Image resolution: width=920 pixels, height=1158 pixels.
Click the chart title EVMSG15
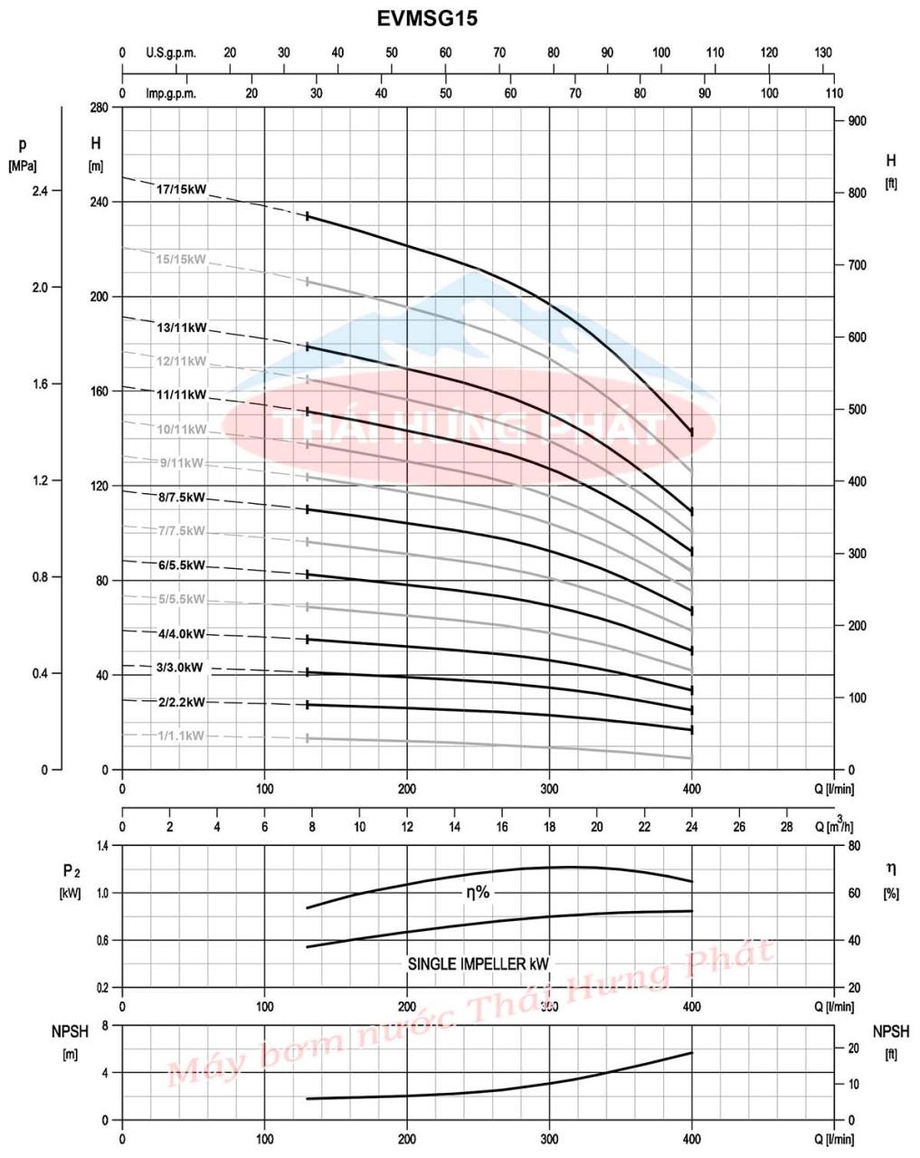tap(427, 18)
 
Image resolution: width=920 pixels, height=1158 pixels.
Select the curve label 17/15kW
tap(181, 190)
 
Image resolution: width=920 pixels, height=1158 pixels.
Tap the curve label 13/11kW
tap(181, 327)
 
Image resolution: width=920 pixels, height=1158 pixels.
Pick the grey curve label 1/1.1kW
tap(181, 736)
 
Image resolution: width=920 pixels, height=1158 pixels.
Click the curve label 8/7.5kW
tap(181, 498)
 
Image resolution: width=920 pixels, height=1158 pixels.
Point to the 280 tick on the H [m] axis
tap(99, 109)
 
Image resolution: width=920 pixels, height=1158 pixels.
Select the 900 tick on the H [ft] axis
tap(857, 121)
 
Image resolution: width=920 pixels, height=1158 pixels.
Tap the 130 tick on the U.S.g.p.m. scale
tap(822, 53)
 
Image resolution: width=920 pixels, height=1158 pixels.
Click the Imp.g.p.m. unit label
tap(170, 93)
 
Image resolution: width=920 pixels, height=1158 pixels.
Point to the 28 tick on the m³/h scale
tap(786, 827)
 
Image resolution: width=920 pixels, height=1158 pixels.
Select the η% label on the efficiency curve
tap(478, 892)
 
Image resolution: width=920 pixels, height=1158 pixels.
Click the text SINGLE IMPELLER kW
tap(479, 964)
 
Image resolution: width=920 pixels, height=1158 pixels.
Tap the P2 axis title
tap(71, 871)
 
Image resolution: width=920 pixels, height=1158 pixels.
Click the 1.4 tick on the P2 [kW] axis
tap(102, 846)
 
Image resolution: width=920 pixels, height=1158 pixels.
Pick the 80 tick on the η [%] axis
tap(853, 846)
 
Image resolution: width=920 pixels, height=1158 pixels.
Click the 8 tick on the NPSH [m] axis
tap(105, 1026)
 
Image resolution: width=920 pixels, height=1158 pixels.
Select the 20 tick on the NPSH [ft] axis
tap(851, 1049)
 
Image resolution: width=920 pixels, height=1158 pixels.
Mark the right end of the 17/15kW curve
tap(692, 433)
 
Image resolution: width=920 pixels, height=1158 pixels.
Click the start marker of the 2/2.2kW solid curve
tap(308, 705)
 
